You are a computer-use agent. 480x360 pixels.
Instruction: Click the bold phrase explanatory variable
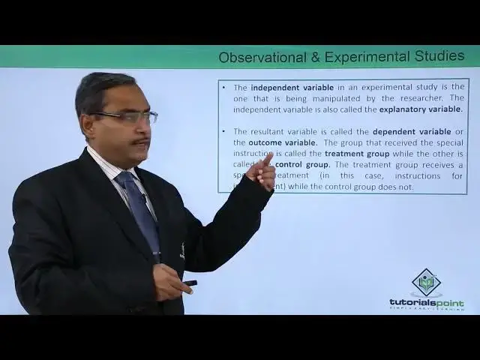(x=421, y=109)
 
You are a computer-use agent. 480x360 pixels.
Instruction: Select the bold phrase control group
(x=303, y=164)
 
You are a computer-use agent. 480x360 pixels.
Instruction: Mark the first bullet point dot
(x=224, y=87)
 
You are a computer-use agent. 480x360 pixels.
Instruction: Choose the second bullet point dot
(x=224, y=131)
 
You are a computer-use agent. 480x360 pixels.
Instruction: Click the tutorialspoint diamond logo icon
(x=427, y=283)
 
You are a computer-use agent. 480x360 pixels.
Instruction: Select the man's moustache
(x=139, y=141)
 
